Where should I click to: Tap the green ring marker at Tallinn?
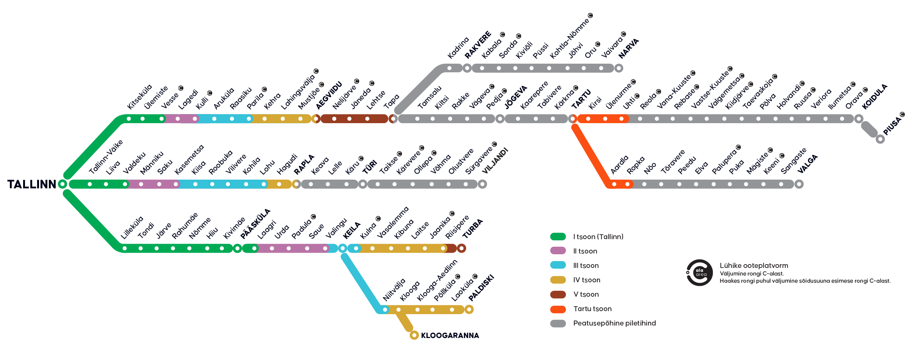(x=62, y=185)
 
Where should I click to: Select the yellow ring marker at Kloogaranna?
(x=414, y=335)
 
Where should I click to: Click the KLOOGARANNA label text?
(x=450, y=335)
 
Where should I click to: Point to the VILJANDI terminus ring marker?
(x=482, y=184)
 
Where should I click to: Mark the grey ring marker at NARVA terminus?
(x=619, y=68)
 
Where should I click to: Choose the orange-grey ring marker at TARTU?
(x=572, y=119)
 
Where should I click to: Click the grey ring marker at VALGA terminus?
(x=799, y=184)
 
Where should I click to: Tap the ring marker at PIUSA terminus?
(x=880, y=139)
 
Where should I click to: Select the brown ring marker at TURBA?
(x=461, y=249)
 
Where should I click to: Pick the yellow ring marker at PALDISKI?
(x=469, y=310)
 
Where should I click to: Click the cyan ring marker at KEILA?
(x=342, y=249)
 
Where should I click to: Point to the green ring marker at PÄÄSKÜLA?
(x=237, y=249)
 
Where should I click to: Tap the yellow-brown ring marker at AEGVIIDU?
(x=316, y=119)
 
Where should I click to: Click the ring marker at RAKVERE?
(x=467, y=68)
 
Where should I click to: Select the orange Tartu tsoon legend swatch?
(x=558, y=309)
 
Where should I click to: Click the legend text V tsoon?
(x=586, y=294)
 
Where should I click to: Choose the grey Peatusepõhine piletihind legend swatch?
(x=558, y=323)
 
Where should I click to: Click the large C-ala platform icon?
(x=699, y=272)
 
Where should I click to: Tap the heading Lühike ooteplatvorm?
(x=753, y=266)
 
